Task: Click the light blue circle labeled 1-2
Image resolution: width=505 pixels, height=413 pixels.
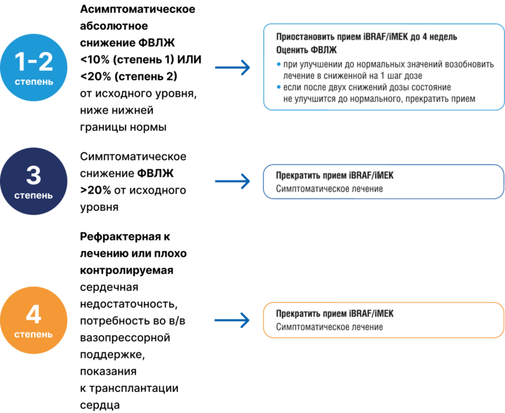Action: pos(34,67)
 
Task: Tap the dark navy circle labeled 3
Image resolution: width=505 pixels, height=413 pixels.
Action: pos(34,181)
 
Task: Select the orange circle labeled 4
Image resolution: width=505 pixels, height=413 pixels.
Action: pos(34,320)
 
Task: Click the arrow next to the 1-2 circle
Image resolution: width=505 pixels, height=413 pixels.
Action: pos(232,67)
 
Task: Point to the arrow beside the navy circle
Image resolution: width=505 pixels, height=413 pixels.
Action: pos(232,181)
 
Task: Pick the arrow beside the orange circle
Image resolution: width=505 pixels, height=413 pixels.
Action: pos(232,320)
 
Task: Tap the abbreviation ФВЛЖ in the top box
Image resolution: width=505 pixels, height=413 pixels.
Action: pos(325,50)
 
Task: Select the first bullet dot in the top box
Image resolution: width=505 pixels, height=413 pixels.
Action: pos(278,63)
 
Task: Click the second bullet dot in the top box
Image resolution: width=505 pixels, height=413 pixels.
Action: pos(278,88)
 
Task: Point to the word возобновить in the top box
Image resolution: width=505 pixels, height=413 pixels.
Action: pos(470,64)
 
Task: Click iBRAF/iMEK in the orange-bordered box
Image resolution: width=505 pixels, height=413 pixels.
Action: pos(371,314)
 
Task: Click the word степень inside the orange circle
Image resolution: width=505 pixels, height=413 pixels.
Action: pos(34,334)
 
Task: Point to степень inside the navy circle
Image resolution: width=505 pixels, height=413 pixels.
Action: pos(34,195)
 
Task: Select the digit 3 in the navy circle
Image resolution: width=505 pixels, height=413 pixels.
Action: pos(34,175)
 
